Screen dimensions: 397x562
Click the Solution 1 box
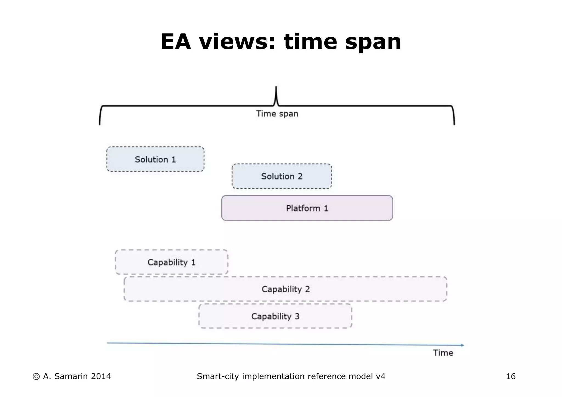[155, 159]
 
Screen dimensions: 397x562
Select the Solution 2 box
[282, 176]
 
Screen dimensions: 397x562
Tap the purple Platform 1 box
[307, 208]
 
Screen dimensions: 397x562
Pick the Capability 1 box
[172, 262]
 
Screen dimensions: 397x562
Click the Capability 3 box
[275, 316]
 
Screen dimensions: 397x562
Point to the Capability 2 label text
[286, 289]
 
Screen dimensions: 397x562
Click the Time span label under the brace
[277, 114]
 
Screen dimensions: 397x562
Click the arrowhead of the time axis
[462, 345]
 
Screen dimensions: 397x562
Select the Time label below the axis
[443, 353]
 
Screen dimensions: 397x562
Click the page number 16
[511, 376]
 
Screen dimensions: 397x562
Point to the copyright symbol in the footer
[36, 377]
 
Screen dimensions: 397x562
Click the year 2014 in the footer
[101, 376]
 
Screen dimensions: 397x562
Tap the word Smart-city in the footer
[218, 376]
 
